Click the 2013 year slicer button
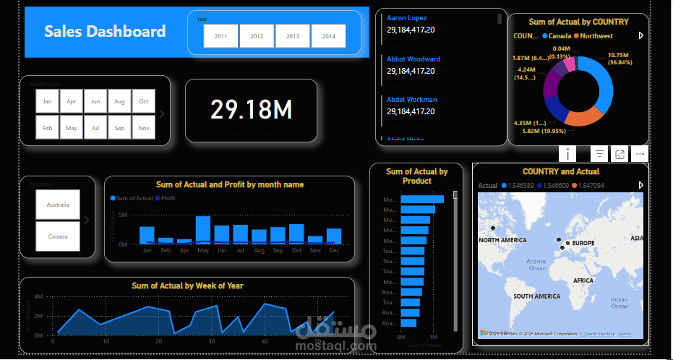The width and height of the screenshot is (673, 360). click(292, 35)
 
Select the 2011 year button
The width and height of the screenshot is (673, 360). click(220, 35)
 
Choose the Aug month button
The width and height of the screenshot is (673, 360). click(120, 101)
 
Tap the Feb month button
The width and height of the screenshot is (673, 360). click(47, 128)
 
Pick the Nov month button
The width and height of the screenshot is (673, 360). click(144, 128)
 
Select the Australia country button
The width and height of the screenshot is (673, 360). click(58, 205)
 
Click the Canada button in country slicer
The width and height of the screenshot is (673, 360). click(58, 236)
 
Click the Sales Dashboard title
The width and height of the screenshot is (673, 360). click(105, 31)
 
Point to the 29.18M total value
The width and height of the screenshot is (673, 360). click(251, 110)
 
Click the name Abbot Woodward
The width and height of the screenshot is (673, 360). click(413, 59)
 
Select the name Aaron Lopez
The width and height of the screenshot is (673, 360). click(406, 17)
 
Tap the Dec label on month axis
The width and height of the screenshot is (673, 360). click(333, 250)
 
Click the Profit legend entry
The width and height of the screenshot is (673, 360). click(168, 198)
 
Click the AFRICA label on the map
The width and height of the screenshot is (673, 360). click(583, 280)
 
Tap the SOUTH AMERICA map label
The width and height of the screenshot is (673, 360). click(536, 296)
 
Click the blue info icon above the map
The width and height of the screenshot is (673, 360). click(568, 153)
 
